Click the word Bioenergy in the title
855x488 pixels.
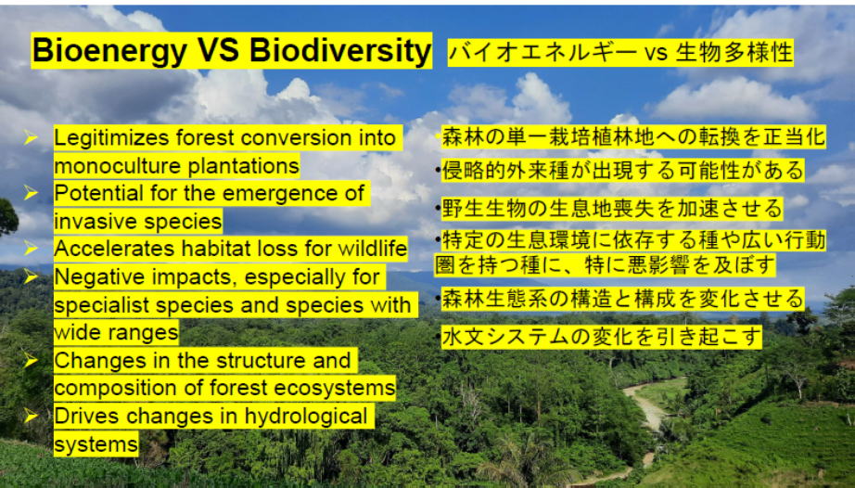point(109,51)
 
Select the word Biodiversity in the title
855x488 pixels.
point(340,50)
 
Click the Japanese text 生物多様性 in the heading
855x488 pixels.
point(734,53)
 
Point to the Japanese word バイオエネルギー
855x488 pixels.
point(542,53)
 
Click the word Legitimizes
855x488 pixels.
point(112,138)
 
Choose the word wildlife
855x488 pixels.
point(373,249)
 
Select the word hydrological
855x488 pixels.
point(306,416)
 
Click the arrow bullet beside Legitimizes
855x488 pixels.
point(31,137)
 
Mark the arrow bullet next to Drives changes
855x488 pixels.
point(31,416)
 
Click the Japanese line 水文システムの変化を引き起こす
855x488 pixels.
point(601,337)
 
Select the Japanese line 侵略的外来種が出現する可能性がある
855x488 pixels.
point(622,170)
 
